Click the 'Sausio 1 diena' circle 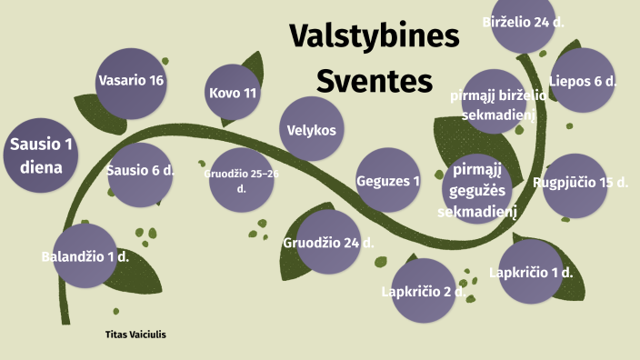(x=41, y=155)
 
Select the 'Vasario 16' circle (x=131, y=82)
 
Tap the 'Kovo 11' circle (x=233, y=94)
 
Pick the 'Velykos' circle (x=312, y=130)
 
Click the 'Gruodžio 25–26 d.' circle (x=241, y=179)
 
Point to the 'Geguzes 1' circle (x=388, y=180)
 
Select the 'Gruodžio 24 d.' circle (x=329, y=242)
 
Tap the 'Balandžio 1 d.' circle (x=85, y=256)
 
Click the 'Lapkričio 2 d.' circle (x=422, y=291)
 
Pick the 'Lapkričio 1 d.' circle (x=531, y=272)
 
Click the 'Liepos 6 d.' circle (x=582, y=81)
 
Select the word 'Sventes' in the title (x=375, y=82)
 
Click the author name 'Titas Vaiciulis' (x=136, y=335)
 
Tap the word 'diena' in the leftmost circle (x=41, y=167)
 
